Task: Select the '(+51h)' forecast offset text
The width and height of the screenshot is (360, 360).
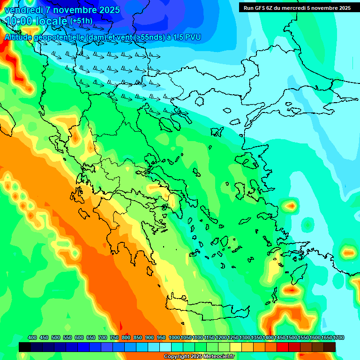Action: pos(81,21)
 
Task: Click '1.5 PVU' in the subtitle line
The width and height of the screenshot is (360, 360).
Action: pos(188,37)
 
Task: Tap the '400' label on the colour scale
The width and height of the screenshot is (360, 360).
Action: pos(32,338)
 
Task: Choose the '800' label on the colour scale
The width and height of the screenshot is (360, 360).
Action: pos(126,338)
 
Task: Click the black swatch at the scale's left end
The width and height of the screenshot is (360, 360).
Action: pos(25,347)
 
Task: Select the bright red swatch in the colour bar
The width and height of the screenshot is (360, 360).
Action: pos(283,347)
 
